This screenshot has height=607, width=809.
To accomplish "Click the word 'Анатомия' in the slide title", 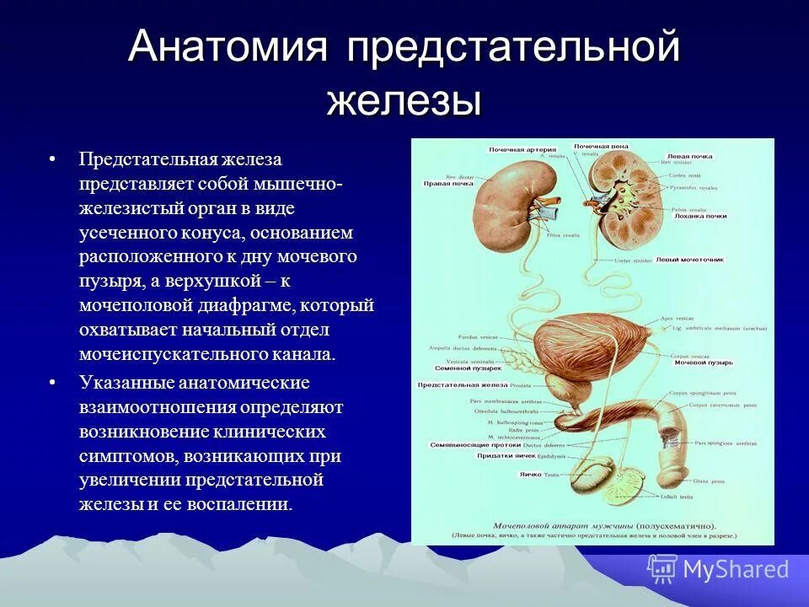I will pyautogui.click(x=228, y=47).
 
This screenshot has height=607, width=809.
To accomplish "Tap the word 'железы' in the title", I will pyautogui.click(x=404, y=100).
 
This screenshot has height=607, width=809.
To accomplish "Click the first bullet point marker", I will pyautogui.click(x=52, y=159).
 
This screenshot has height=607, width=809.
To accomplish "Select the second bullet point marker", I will pyautogui.click(x=52, y=383).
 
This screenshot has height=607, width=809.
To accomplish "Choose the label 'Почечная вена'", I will pyautogui.click(x=602, y=147).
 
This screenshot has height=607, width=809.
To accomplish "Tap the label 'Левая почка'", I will pyautogui.click(x=689, y=157).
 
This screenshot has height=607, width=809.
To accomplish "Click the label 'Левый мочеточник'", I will pyautogui.click(x=691, y=260).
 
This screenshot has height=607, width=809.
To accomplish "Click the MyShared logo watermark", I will pyautogui.click(x=718, y=569).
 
